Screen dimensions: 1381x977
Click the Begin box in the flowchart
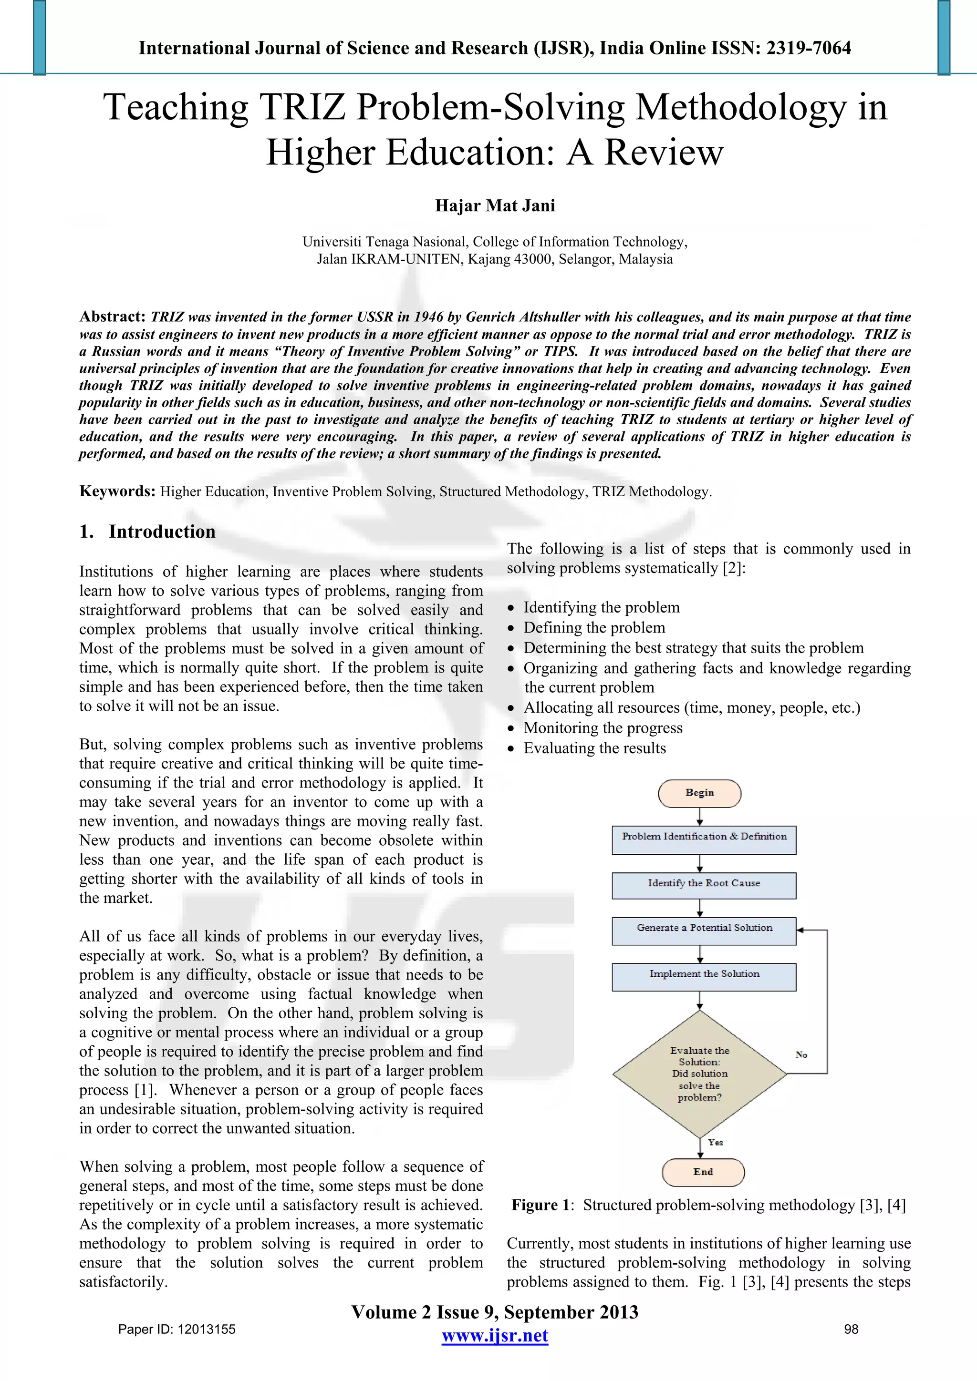pos(699,793)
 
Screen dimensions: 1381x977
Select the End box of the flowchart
pos(703,1172)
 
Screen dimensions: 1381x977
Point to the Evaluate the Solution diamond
pos(699,1074)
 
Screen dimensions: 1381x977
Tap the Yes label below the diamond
pos(715,1142)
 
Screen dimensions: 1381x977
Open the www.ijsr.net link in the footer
pos(495,1336)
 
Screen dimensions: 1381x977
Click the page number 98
pos(851,1329)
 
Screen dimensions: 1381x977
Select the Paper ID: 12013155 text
pos(177,1329)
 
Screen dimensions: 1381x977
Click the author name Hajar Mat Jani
pos(495,206)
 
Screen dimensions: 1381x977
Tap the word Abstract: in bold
pos(113,317)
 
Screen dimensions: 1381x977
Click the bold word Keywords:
pos(117,491)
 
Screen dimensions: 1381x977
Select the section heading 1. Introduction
pos(147,532)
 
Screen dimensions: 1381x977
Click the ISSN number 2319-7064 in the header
pos(809,48)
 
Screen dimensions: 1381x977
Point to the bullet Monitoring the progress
pos(603,728)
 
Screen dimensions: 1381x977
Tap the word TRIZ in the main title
pos(302,108)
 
